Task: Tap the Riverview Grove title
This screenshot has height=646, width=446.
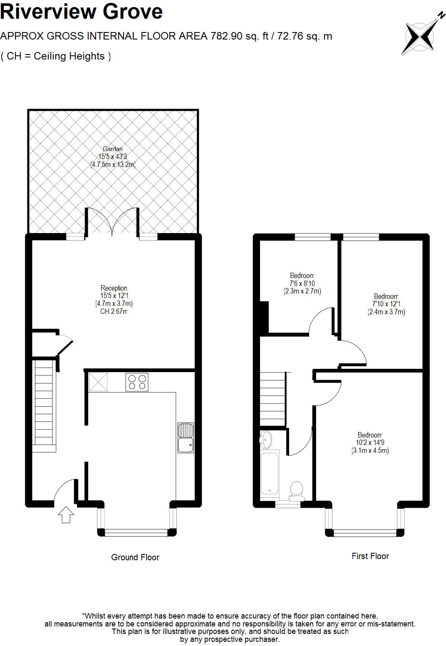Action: pos(82,11)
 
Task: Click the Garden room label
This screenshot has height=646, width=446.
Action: pos(113,149)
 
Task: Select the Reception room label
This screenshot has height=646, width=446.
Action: pos(114,288)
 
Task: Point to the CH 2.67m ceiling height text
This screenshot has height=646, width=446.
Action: pos(114,311)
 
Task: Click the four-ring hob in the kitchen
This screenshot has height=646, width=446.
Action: pos(137,382)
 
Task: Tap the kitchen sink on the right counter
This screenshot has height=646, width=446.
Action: pos(186,437)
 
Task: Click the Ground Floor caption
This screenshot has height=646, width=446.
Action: pos(135,557)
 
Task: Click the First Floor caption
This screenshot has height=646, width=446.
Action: pos(370,556)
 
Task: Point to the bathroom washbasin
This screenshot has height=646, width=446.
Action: pos(266,439)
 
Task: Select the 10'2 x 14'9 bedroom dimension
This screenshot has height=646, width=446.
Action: pos(370,443)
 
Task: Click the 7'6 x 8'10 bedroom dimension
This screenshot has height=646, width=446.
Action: pos(302,283)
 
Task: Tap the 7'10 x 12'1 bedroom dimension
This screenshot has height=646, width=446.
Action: pos(386,304)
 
